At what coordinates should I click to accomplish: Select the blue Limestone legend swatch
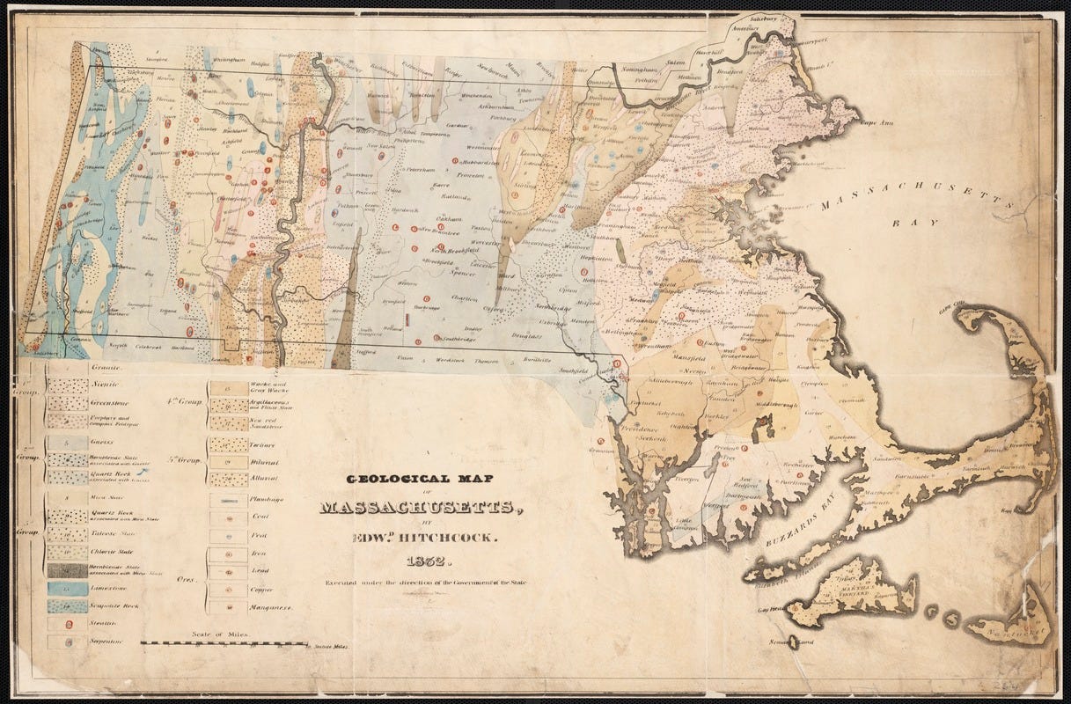click(x=67, y=588)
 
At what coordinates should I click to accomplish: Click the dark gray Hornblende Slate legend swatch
click(x=67, y=570)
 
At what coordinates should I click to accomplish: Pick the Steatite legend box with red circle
click(x=67, y=624)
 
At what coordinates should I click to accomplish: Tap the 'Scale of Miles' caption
click(x=221, y=634)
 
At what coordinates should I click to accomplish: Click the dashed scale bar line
click(x=224, y=643)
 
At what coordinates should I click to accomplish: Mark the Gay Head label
click(x=766, y=609)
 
